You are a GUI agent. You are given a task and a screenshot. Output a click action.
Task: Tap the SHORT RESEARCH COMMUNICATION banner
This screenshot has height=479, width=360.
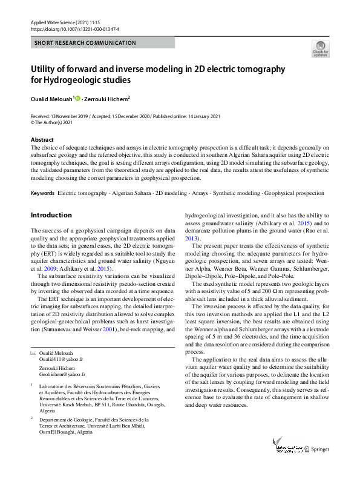point(85,43)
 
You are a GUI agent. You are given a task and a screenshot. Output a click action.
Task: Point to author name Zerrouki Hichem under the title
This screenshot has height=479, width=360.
point(106,99)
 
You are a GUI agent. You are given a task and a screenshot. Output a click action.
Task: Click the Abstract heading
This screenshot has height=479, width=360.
point(42,140)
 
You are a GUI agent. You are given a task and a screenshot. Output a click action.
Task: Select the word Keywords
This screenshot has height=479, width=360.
point(42,193)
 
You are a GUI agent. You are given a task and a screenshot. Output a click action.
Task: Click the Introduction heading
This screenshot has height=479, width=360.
point(51,215)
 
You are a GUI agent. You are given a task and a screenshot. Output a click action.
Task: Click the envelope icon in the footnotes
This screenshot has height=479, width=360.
point(33,352)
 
